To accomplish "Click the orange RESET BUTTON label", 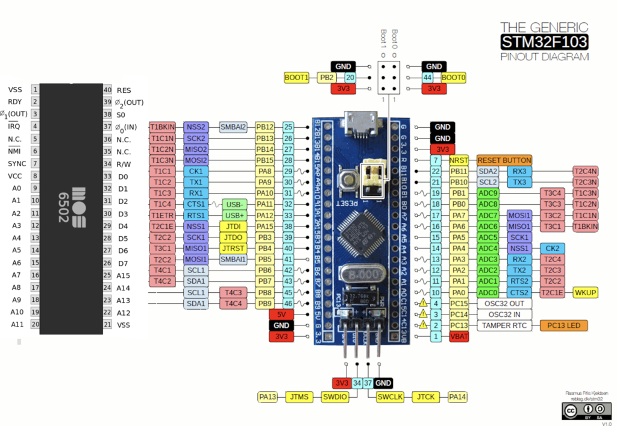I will coord(504,160).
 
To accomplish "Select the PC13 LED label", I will coord(563,325).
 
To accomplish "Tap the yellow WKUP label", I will coord(585,292).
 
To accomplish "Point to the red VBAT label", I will coord(459,337).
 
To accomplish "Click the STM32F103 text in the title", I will coord(544,42).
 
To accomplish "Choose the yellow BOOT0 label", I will coord(453,78).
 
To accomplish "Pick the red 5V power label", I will coord(281,315).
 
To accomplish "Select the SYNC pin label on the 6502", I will coord(16,164).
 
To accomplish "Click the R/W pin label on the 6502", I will coord(123,164).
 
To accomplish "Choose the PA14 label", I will coord(458,396).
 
